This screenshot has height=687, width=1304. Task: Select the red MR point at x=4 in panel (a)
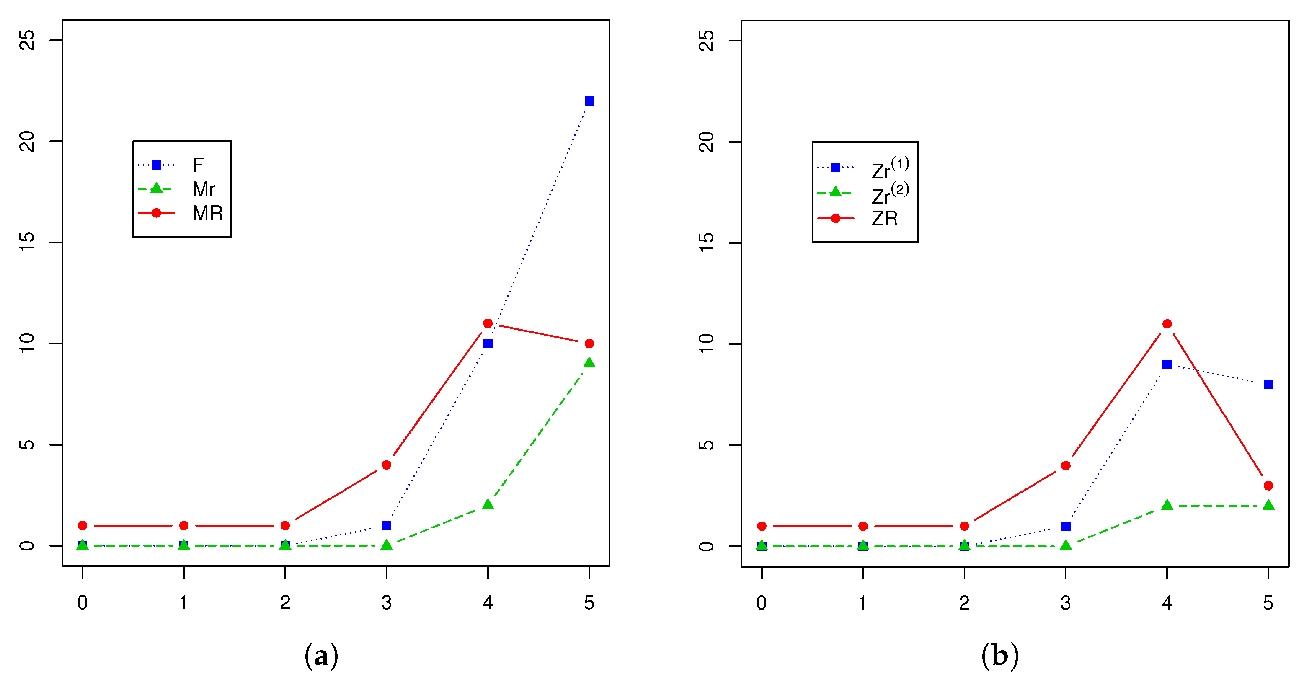[488, 323]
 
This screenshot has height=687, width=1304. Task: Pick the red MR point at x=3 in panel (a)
[386, 465]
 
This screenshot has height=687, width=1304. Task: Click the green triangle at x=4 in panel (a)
[488, 504]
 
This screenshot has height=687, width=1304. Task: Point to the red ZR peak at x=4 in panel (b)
[1167, 323]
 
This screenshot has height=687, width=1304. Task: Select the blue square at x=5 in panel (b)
[1268, 384]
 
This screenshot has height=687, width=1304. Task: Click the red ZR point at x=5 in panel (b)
[1268, 486]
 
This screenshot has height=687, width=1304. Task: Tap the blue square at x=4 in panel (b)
[1167, 364]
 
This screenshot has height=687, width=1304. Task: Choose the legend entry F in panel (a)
[197, 165]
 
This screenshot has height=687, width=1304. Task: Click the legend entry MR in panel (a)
[207, 213]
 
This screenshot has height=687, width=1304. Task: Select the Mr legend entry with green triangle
[204, 189]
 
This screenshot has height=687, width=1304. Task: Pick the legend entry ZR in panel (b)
[884, 218]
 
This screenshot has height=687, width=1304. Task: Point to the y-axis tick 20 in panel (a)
[27, 141]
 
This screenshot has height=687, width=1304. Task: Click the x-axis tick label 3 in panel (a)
[386, 602]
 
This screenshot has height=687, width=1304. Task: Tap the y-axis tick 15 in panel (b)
[706, 243]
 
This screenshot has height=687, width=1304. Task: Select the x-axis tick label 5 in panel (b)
[1268, 602]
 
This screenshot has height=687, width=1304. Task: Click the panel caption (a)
[321, 656]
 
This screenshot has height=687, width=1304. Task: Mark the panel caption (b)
[1000, 656]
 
